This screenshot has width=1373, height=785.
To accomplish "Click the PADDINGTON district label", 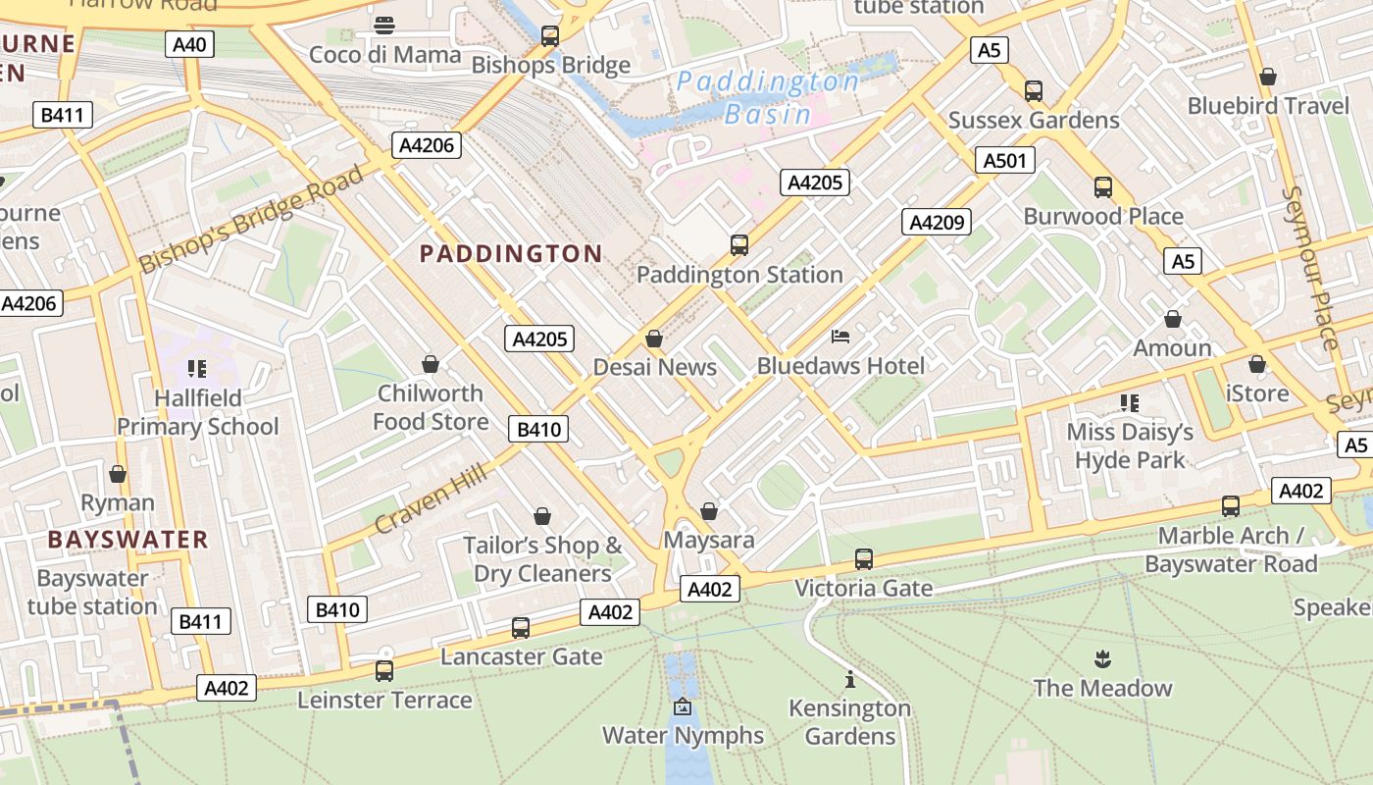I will click(511, 254).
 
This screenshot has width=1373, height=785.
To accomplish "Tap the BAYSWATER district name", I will click(127, 540).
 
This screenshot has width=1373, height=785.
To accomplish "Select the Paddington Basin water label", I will click(768, 97).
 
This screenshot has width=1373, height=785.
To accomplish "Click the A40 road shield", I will click(190, 44).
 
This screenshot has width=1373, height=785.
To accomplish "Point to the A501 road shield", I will click(1005, 160).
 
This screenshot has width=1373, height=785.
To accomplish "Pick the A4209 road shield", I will click(936, 222).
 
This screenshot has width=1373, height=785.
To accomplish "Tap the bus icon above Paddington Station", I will click(739, 244).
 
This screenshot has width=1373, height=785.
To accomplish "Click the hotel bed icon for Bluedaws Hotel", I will click(840, 337).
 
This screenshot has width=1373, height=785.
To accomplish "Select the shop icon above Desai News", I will click(654, 339).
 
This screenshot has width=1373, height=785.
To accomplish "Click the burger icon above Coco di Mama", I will click(384, 25).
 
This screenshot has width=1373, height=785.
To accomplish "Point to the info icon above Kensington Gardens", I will click(850, 679).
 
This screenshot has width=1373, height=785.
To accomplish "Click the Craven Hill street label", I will click(430, 500).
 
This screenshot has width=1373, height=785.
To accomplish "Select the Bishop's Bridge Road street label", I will click(251, 220).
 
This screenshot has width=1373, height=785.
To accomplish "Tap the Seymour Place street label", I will click(1310, 267).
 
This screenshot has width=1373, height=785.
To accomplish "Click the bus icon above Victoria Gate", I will click(863, 558).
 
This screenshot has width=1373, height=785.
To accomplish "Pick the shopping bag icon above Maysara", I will click(709, 511).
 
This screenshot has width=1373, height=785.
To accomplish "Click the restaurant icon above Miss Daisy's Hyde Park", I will click(1130, 402).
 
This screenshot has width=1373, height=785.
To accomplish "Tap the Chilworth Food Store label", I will click(431, 407).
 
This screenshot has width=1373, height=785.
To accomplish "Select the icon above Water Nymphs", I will click(683, 706).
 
